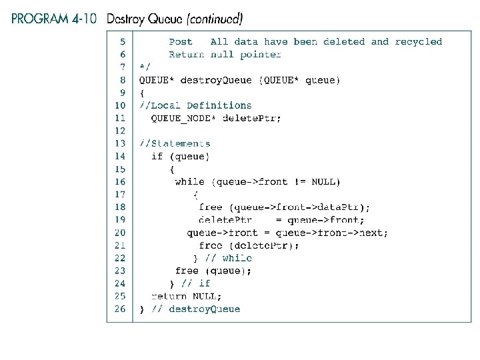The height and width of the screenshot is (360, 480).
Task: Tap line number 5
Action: coord(122,41)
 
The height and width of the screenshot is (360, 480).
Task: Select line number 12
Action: coord(120,131)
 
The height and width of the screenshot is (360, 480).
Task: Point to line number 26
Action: coord(120,309)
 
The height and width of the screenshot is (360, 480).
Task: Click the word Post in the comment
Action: coord(181,41)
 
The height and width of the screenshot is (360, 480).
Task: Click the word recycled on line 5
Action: coord(418,41)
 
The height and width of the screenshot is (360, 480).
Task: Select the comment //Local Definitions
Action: coord(195,105)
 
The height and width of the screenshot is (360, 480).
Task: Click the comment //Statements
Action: coord(175,143)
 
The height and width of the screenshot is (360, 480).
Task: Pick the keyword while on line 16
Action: coord(189,181)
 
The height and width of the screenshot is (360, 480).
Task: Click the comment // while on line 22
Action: coord(229,258)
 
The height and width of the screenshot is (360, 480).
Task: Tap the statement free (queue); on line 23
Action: coord(213,271)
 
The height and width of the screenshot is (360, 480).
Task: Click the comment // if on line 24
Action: coord(195,283)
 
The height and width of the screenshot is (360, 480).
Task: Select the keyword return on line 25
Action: coord(169,296)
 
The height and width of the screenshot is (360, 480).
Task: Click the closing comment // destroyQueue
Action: coord(195,309)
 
